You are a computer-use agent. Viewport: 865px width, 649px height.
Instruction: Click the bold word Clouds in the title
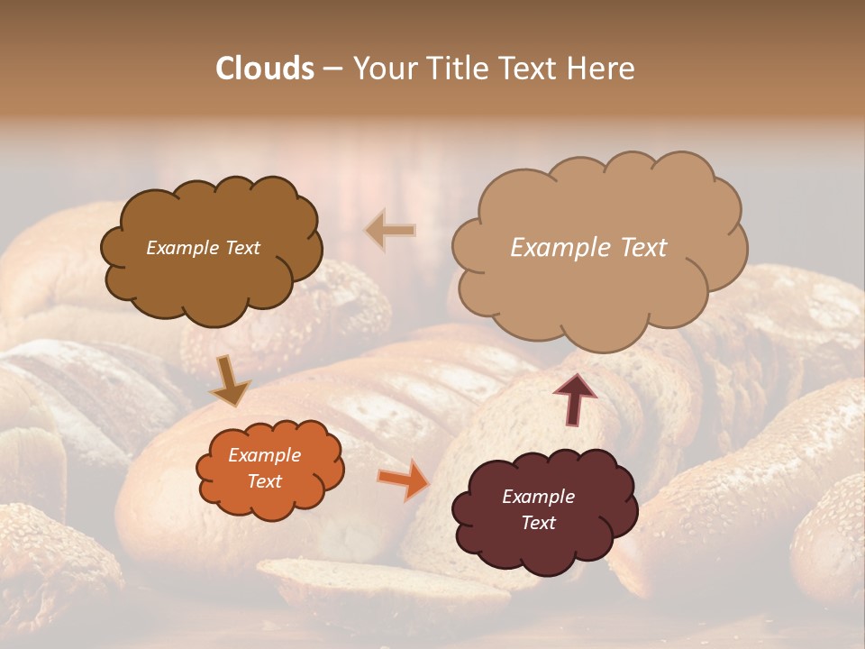pyautogui.click(x=265, y=69)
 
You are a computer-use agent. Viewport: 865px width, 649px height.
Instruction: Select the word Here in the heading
pyautogui.click(x=603, y=69)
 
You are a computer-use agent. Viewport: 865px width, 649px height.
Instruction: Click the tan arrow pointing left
pyautogui.click(x=390, y=231)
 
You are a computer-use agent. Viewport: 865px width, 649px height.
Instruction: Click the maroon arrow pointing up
pyautogui.click(x=575, y=398)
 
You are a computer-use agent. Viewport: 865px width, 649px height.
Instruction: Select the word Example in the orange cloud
pyautogui.click(x=265, y=455)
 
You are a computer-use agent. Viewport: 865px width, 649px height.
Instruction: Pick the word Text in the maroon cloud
pyautogui.click(x=539, y=523)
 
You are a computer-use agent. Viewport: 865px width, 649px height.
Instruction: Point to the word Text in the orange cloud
pyautogui.click(x=265, y=481)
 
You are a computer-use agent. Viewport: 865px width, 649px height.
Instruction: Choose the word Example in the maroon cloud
pyautogui.click(x=539, y=497)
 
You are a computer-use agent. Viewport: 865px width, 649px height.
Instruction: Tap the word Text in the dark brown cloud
pyautogui.click(x=241, y=248)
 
